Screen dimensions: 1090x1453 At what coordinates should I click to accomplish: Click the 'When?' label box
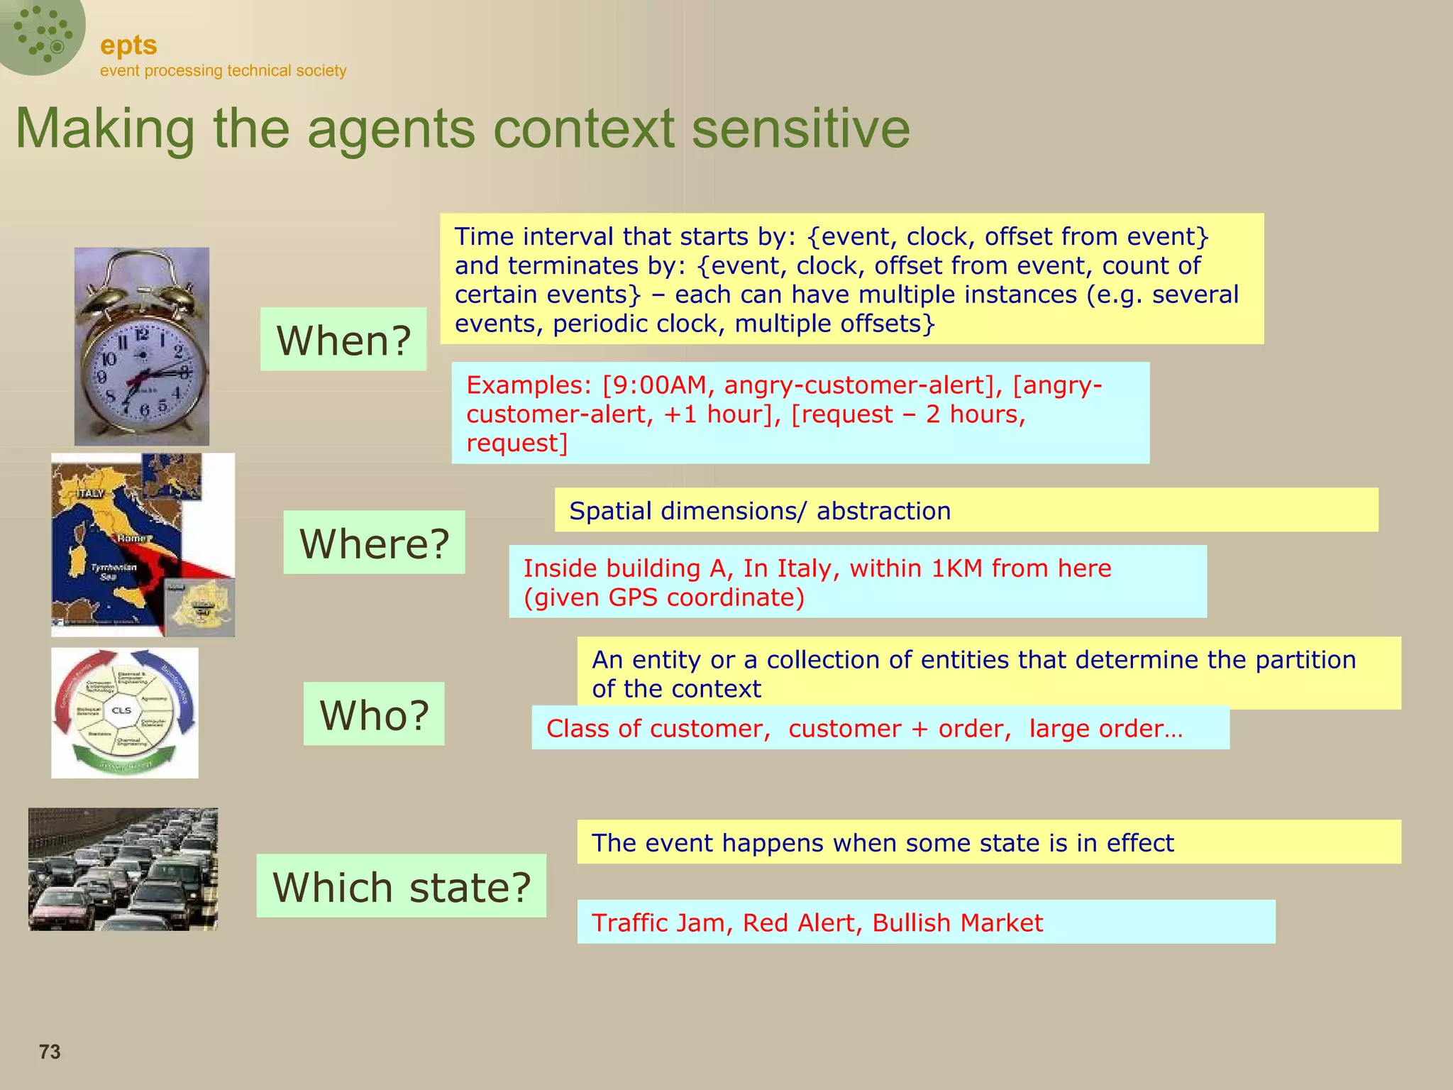click(x=343, y=339)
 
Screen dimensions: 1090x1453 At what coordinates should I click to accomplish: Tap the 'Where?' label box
click(x=374, y=543)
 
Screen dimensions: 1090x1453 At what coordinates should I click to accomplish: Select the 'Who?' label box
click(x=374, y=714)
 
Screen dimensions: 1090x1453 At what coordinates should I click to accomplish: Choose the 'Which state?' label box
click(x=402, y=886)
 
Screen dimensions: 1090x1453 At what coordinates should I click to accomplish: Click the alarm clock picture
click(x=142, y=346)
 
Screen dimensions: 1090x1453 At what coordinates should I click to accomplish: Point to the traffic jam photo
click(x=123, y=869)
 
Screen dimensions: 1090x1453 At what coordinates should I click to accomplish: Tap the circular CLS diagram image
click(x=125, y=712)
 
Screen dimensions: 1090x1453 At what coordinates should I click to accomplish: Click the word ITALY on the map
click(x=91, y=492)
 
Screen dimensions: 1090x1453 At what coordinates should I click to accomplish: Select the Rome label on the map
click(x=133, y=539)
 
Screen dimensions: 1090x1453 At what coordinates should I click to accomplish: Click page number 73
click(x=50, y=1052)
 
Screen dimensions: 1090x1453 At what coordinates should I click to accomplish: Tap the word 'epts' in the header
click(x=128, y=45)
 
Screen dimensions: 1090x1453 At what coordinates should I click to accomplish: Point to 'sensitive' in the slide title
click(x=800, y=128)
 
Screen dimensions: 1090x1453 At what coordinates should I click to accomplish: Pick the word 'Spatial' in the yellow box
click(x=611, y=511)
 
